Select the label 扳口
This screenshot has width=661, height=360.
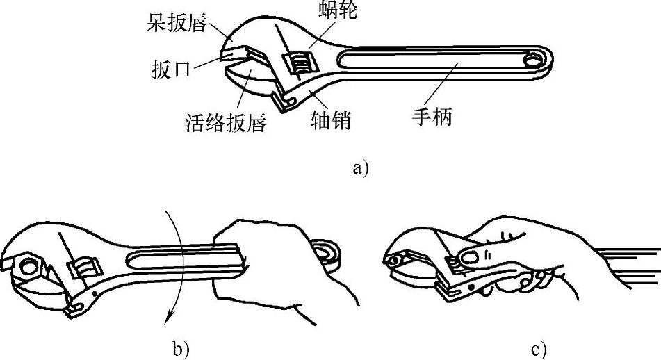[x=170, y=70]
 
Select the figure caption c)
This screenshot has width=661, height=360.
[x=539, y=350]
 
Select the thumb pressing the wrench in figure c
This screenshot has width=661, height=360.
[x=473, y=256]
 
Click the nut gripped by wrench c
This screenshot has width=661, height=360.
[x=393, y=260]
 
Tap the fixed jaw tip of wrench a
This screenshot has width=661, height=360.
[x=229, y=49]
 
